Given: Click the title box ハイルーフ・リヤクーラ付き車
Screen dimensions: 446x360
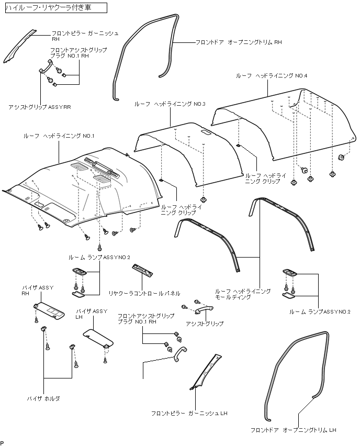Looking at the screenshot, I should click(55, 8).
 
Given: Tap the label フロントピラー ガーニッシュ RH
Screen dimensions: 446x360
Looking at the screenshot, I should click(85, 36).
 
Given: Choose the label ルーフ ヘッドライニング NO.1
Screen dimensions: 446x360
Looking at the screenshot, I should click(59, 136).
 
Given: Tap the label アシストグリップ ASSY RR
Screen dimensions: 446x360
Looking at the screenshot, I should click(40, 107).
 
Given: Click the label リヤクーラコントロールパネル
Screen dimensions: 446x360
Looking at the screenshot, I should click(144, 293).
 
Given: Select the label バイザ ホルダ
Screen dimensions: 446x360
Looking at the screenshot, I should click(43, 398).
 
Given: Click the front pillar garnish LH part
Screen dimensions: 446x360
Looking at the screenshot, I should click(205, 372).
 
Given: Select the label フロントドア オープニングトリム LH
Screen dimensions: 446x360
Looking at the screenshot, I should click(293, 430).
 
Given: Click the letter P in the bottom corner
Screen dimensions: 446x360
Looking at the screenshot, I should click(2, 442).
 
